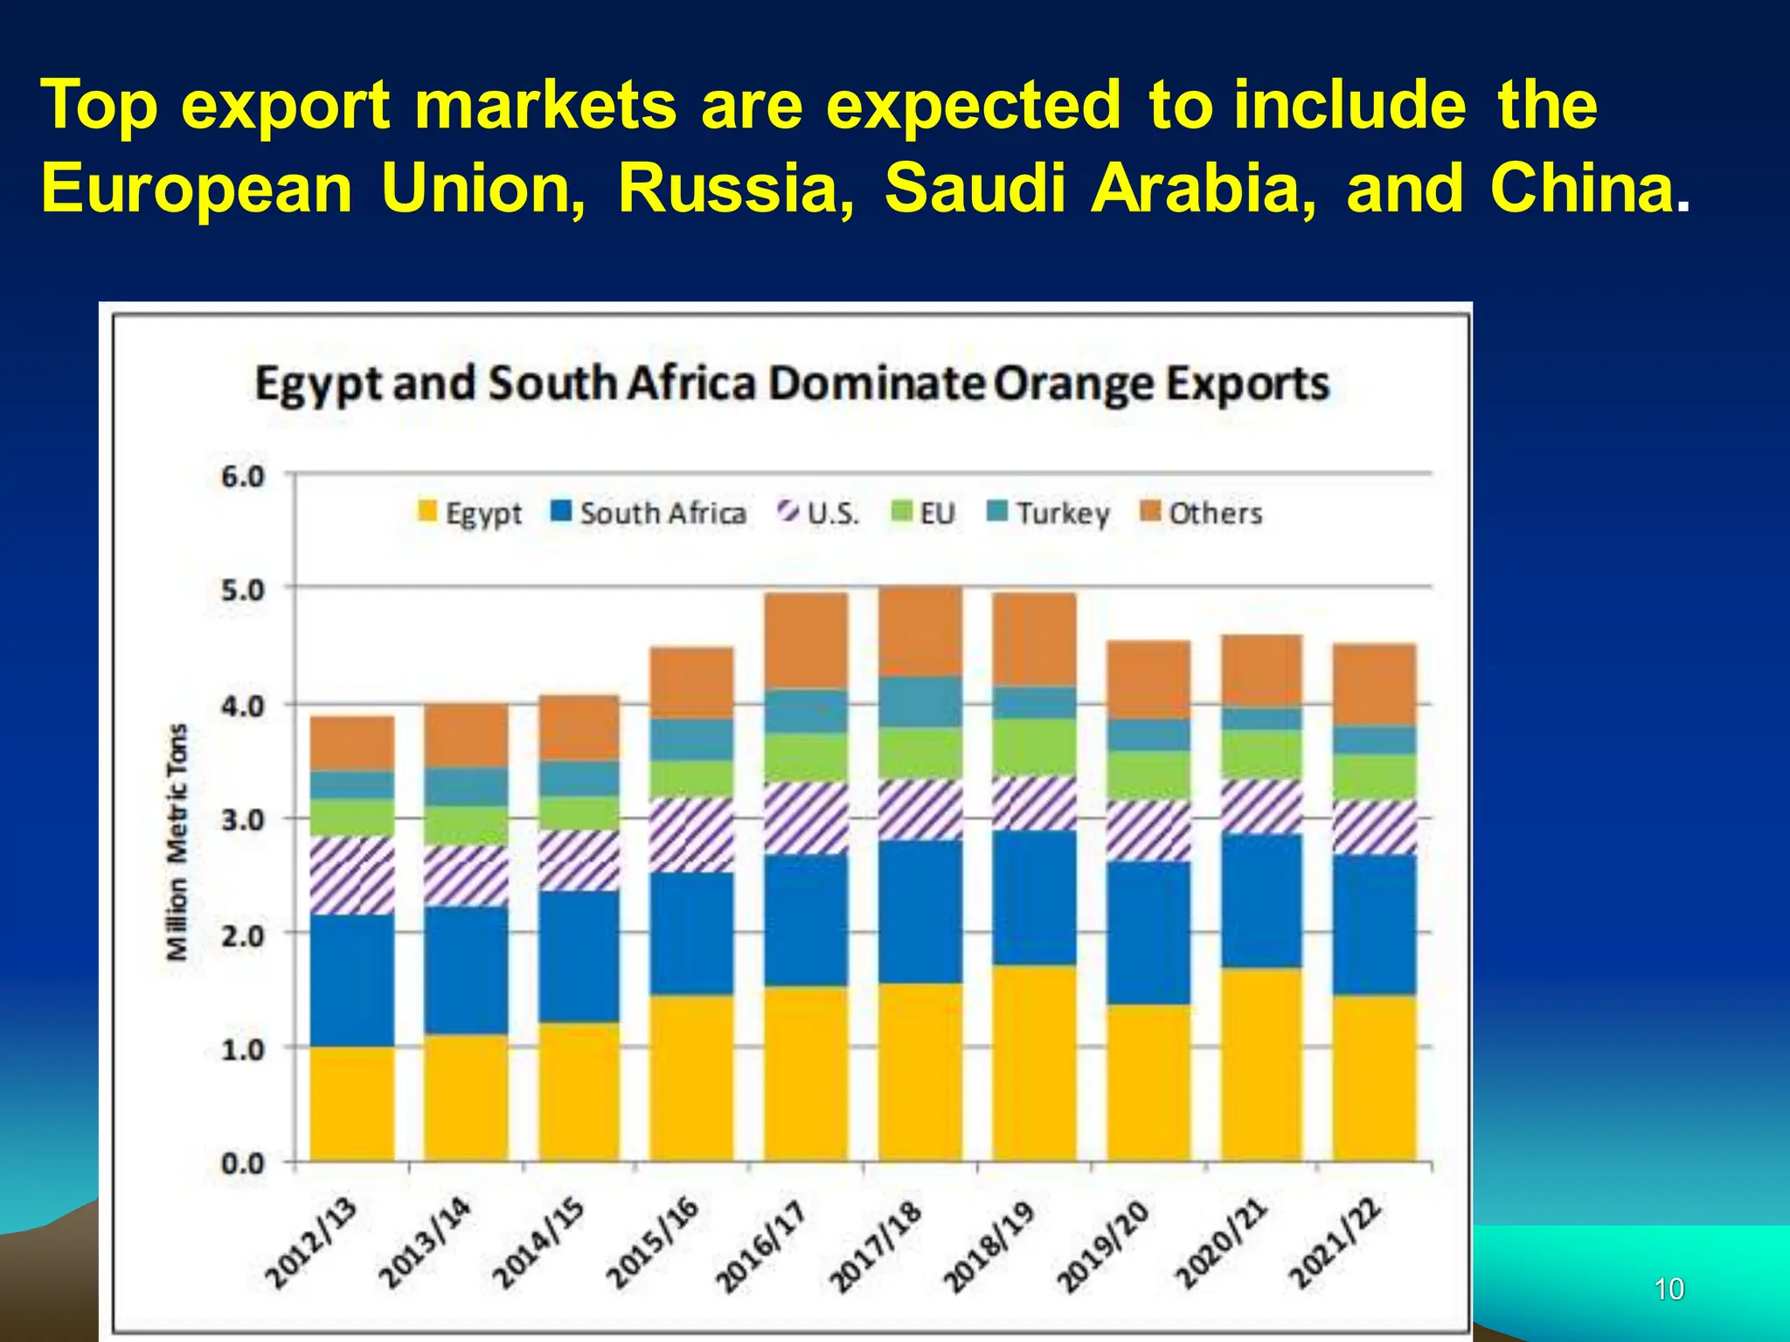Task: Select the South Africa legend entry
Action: click(649, 513)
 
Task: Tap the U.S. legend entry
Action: click(819, 513)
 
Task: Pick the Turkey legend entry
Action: click(1048, 513)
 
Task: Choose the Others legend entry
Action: click(1202, 513)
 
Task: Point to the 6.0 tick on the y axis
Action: click(242, 477)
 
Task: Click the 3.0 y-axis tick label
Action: click(242, 820)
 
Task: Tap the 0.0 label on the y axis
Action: click(242, 1164)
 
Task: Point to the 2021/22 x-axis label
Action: click(1336, 1244)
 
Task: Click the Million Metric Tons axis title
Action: click(177, 841)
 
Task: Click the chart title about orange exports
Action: click(792, 384)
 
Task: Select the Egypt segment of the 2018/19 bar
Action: click(1034, 1062)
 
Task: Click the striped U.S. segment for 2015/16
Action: click(691, 834)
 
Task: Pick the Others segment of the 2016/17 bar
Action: click(806, 640)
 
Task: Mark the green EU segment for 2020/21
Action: click(1261, 754)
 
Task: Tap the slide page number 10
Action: click(1669, 1289)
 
